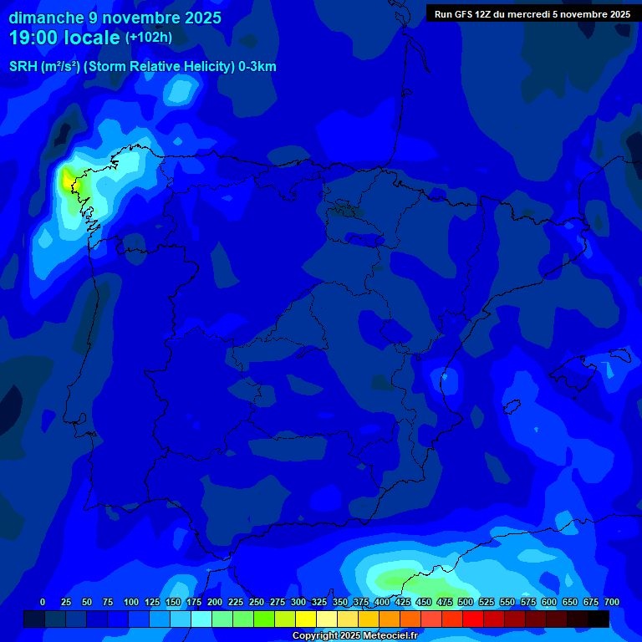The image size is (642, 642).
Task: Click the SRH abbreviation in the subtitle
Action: pos(23,67)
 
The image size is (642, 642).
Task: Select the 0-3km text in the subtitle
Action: pos(257,67)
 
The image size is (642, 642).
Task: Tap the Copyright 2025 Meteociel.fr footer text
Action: pos(354,636)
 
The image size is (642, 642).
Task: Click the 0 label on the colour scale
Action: pos(43,602)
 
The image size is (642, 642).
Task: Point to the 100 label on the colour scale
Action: pos(131,602)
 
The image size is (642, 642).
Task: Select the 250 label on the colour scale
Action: pos(257,602)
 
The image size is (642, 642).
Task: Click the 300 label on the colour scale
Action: pos(298,602)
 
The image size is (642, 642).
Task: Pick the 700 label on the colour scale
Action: pos(612,602)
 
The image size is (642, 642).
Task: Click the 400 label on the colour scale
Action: pos(382,602)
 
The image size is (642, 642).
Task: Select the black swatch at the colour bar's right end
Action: pos(599,619)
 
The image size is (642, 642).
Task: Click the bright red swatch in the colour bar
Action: pos(473,619)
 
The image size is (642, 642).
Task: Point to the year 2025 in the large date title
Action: pos(201,18)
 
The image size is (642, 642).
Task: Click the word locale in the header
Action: pos(92,38)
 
